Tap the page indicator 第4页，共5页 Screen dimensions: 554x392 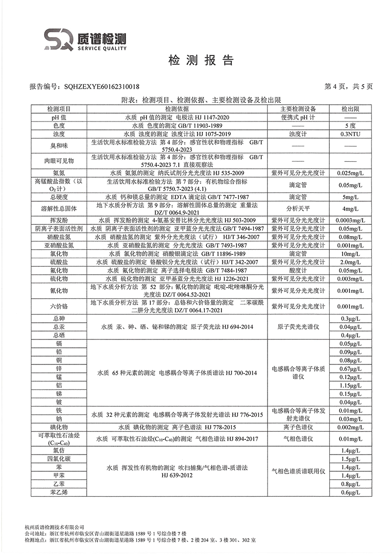pos(349,87)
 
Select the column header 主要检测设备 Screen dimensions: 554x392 pos(298,109)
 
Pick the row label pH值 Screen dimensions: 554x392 pos(59,118)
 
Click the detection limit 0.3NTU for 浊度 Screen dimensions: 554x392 pos(350,134)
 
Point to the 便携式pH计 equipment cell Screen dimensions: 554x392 pos(298,118)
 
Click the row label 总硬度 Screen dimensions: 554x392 pos(59,197)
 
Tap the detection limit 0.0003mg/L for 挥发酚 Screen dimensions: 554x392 pos(350,221)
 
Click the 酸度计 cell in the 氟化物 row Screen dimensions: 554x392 pos(298,270)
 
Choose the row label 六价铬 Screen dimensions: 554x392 pos(59,307)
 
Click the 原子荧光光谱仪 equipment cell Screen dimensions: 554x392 pos(298,327)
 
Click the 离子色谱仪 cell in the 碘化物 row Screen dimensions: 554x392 pos(298,427)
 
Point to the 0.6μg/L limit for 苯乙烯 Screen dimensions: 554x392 pos(350,492)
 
